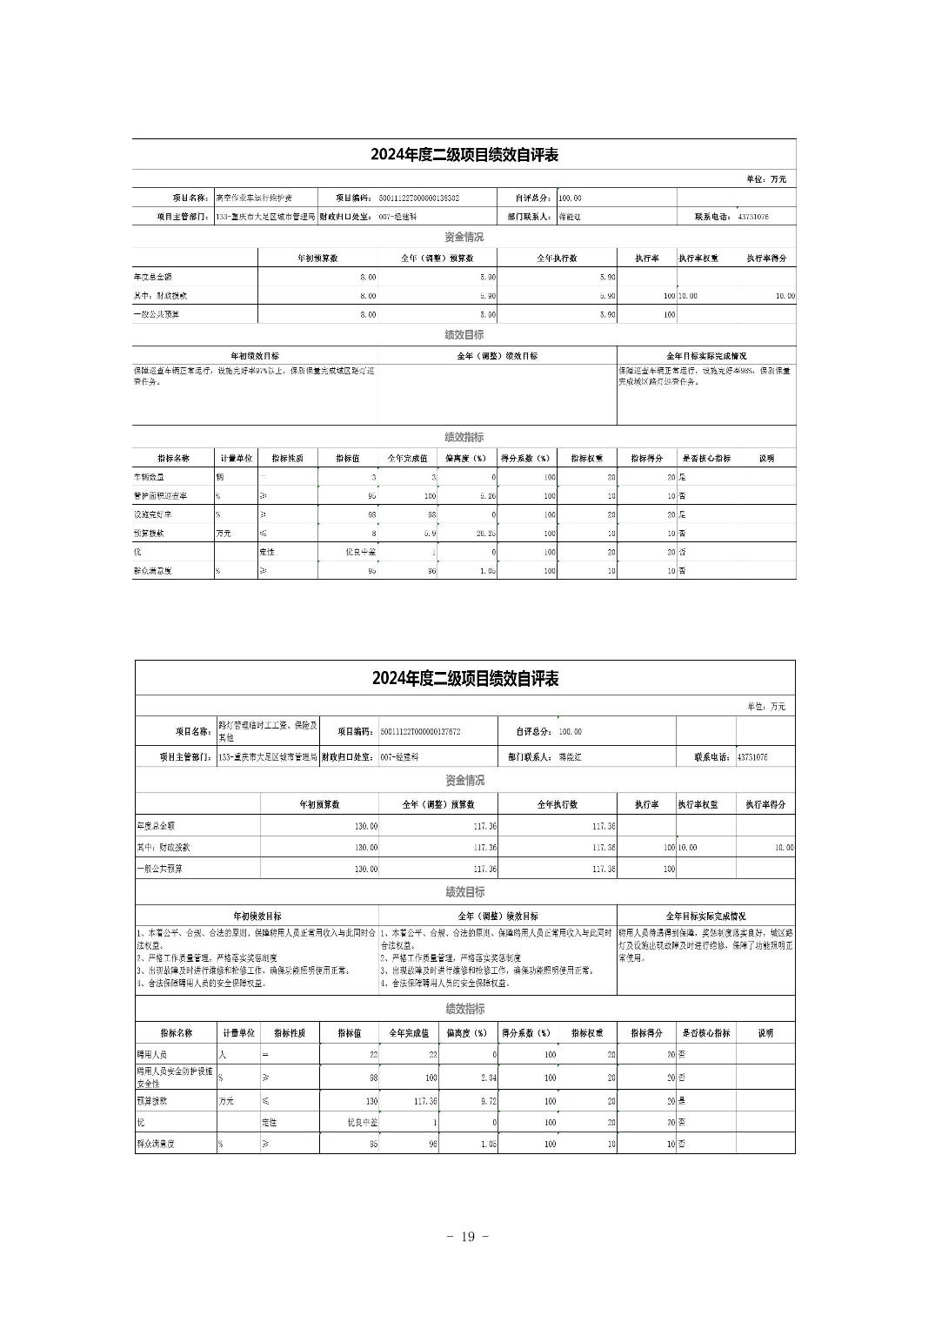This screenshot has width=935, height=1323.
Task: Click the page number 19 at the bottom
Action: point(467,1237)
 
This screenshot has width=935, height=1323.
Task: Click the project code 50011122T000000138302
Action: point(419,198)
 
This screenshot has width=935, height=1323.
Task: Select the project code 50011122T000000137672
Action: point(420,732)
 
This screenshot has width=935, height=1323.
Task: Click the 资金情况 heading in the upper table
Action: point(464,237)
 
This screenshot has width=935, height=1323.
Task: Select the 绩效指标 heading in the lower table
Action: point(464,1009)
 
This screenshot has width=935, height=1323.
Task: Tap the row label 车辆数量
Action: point(149,477)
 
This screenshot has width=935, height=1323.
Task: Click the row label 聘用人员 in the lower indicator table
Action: point(150,1055)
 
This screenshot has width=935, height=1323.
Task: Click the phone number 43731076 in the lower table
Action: point(752,757)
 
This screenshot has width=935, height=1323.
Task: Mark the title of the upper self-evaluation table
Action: point(464,155)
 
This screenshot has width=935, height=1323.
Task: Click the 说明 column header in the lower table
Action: point(765,1033)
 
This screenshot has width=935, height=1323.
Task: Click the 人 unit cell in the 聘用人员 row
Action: point(222,1055)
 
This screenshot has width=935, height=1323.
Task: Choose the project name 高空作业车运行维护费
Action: point(254,198)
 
